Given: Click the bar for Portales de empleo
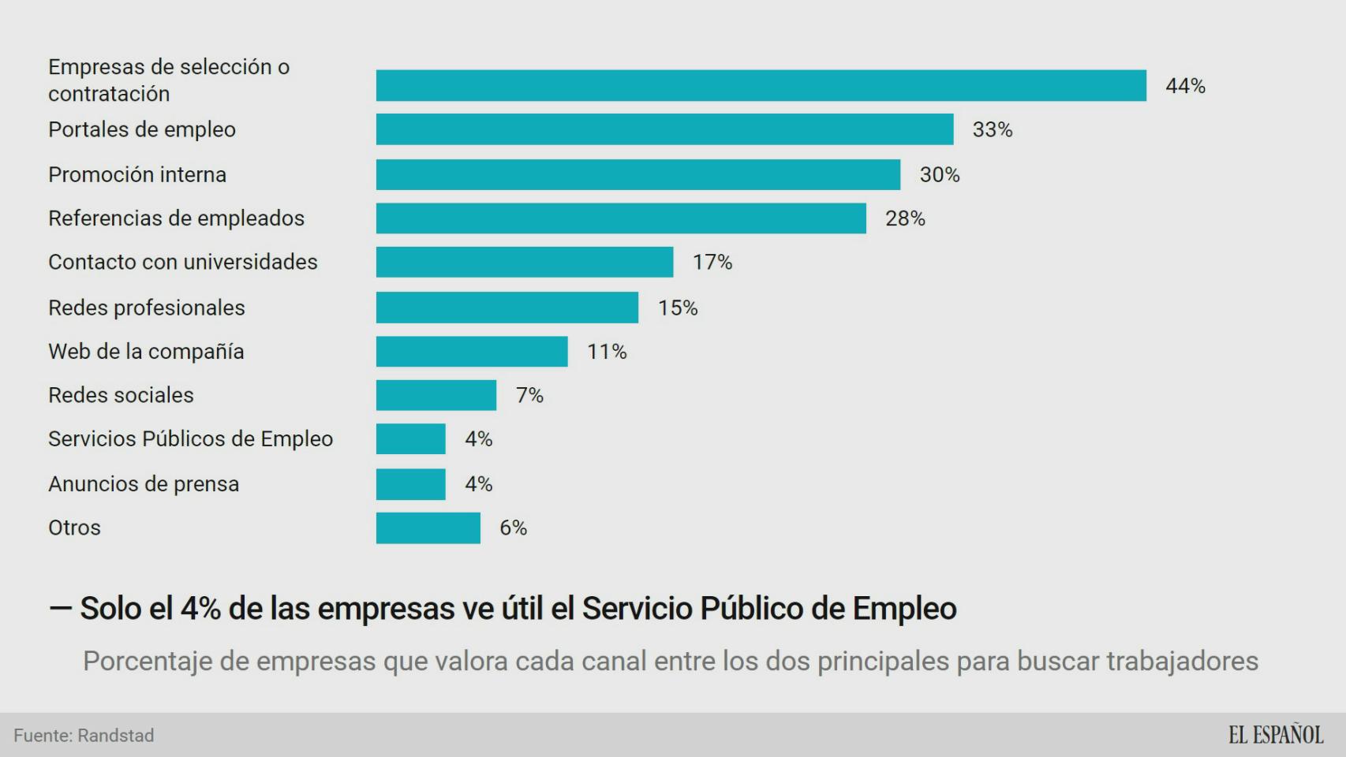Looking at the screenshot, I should pos(664,129).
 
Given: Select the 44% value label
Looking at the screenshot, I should pos(1185,86).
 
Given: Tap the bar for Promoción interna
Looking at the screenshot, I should pos(637,174).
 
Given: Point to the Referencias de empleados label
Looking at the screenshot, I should pos(176,218).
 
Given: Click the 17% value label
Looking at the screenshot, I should pos(712,262).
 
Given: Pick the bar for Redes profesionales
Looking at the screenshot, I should pos(507,308).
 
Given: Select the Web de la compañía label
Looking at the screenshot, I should pos(146,352).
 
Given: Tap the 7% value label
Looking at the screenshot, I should pos(529,395).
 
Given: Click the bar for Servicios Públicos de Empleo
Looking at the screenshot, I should pos(410,438).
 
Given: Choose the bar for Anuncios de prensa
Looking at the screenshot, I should pos(410,484).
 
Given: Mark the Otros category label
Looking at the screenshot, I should pos(74,528).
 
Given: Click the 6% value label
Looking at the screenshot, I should pos(513,528).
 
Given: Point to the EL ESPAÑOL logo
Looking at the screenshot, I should pos(1275,735).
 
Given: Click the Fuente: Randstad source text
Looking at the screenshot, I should pos(84,736).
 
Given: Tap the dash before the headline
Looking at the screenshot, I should pos(61,608).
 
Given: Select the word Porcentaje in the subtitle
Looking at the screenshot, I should pos(147,661).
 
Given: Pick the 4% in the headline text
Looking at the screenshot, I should pos(200,608).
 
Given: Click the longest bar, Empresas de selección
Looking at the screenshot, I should pos(761,86).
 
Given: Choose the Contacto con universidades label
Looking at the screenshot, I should pos(182,262).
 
